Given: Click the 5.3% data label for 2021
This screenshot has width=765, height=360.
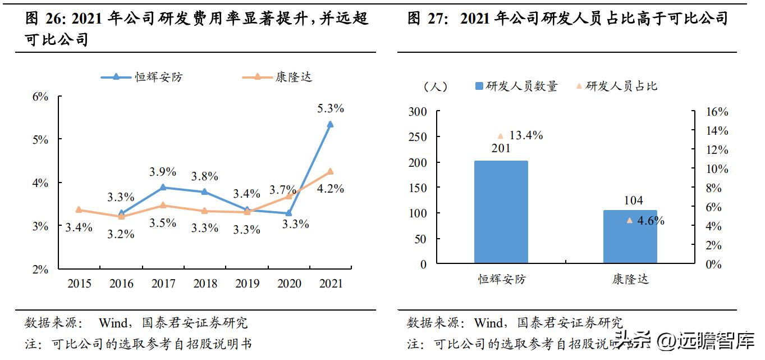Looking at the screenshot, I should pyautogui.click(x=330, y=108).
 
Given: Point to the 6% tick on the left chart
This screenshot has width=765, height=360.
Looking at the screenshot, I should pyautogui.click(x=40, y=97).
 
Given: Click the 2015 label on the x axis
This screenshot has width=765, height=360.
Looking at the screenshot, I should pyautogui.click(x=79, y=284).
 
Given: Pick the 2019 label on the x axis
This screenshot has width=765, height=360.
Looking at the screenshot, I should pyautogui.click(x=247, y=284).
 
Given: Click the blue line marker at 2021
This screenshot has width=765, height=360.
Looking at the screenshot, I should pyautogui.click(x=330, y=124).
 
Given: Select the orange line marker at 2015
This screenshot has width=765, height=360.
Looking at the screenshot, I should pyautogui.click(x=79, y=209).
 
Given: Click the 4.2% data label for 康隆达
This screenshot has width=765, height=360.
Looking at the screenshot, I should pyautogui.click(x=330, y=189).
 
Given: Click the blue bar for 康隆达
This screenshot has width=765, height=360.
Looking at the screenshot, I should pyautogui.click(x=630, y=236).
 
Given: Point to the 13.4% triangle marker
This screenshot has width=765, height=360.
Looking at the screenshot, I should pyautogui.click(x=500, y=136).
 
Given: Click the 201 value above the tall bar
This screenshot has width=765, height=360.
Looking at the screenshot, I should pyautogui.click(x=501, y=149).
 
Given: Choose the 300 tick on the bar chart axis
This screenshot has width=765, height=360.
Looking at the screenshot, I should pyautogui.click(x=432, y=112).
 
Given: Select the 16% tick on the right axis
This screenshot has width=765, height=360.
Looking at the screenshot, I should pyautogui.click(x=716, y=112).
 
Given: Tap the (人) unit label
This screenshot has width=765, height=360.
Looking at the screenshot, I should pyautogui.click(x=434, y=86).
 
